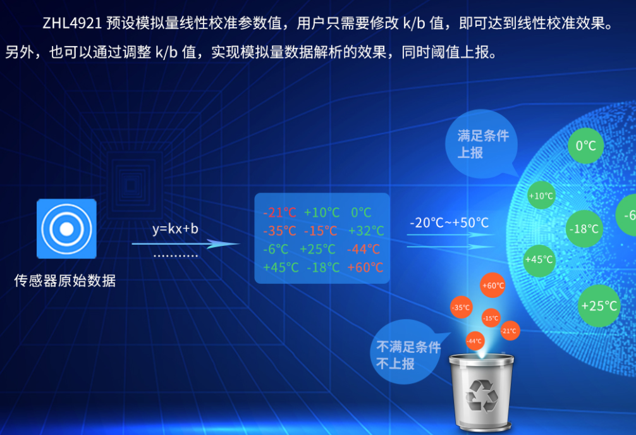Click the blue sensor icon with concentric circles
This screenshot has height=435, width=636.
coord(66,228)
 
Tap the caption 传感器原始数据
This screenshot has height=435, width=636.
coord(65,280)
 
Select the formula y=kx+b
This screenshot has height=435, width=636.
coord(175,228)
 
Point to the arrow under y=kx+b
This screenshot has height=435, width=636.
coord(187,243)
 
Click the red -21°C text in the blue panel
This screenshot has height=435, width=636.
coord(279,212)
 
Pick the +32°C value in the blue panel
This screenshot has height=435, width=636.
coord(366,231)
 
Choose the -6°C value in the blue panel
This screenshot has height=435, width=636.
coord(276,249)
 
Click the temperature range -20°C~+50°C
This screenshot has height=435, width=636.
coord(449,223)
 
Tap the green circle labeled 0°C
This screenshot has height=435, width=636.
coord(585,146)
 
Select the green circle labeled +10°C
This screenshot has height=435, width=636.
coord(541,196)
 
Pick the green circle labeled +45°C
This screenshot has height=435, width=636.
coord(539,259)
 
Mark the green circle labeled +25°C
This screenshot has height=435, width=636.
coord(599,306)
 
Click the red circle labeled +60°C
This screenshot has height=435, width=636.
coord(492,286)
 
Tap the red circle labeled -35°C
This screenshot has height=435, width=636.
coord(461,308)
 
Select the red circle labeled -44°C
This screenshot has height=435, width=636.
coord(475,341)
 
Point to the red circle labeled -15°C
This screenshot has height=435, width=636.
coord(491,318)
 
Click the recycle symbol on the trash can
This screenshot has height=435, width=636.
coord(482,395)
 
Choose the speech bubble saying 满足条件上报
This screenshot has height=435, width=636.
coord(483,144)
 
